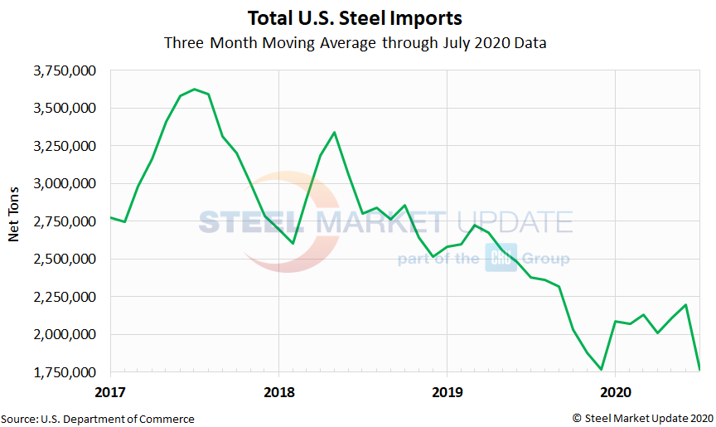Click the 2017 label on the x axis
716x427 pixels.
click(110, 390)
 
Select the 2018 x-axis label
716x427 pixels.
click(278, 390)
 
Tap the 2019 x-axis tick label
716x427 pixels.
click(447, 390)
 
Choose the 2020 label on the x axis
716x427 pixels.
click(615, 390)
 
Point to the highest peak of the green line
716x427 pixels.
click(194, 89)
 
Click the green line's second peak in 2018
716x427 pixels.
click(334, 132)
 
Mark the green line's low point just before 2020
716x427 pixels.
click(601, 369)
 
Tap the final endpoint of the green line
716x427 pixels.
click(699, 369)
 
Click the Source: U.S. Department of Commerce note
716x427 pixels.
click(98, 419)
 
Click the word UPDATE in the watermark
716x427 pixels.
click(514, 222)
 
